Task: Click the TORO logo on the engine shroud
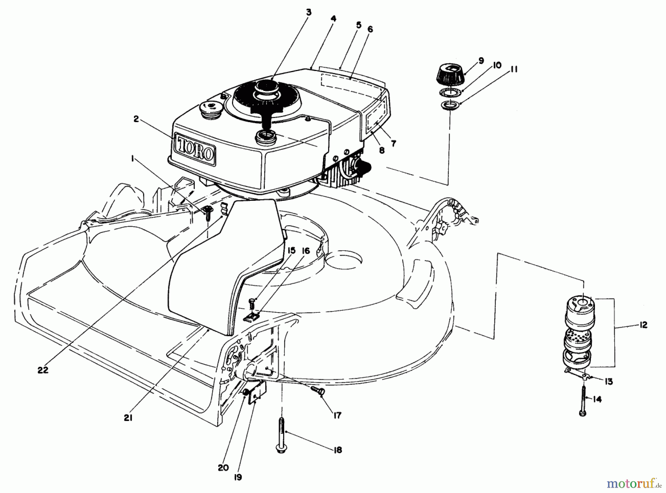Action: (195, 148)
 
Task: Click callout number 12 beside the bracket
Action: (643, 325)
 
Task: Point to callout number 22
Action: (43, 370)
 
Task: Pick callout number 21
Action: (128, 418)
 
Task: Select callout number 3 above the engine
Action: (309, 13)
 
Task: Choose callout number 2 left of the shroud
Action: (136, 119)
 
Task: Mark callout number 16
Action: (305, 251)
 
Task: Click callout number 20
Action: (223, 467)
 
